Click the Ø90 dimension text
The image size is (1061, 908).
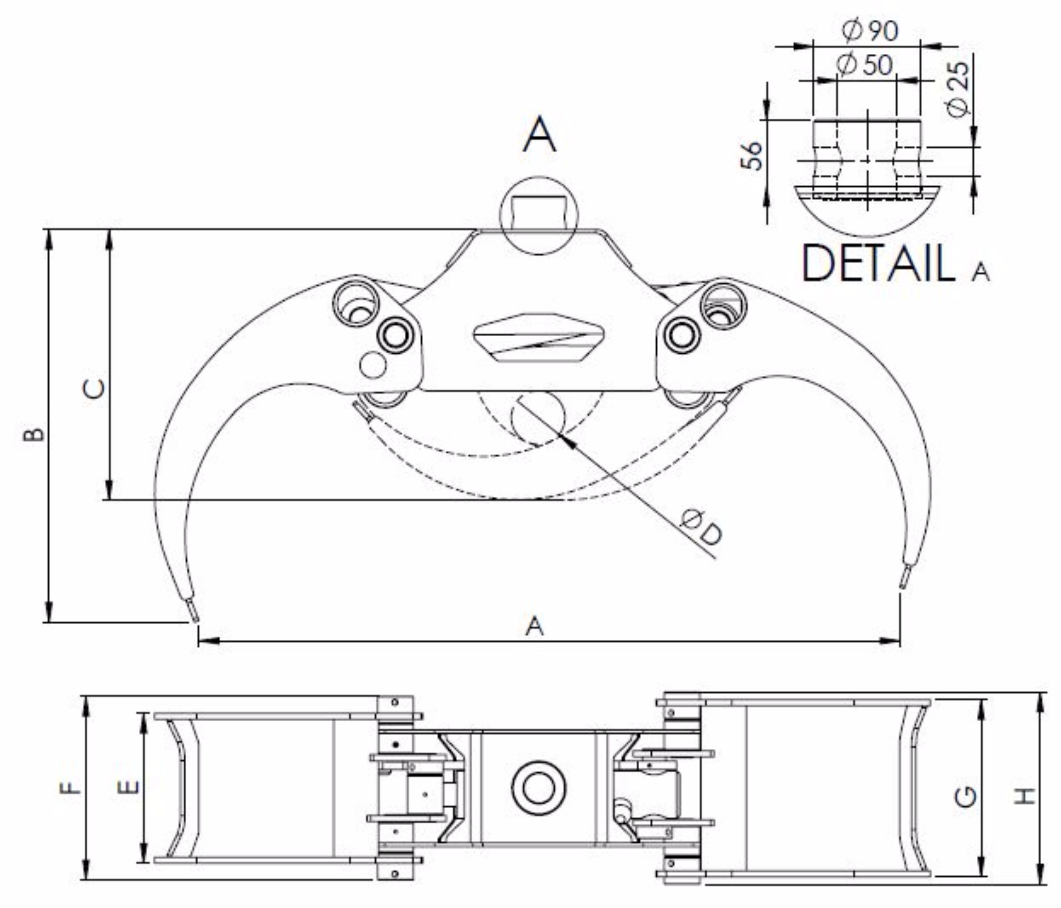point(870,31)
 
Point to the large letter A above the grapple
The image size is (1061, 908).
point(539,134)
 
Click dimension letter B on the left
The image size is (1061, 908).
point(34,434)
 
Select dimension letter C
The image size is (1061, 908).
point(94,389)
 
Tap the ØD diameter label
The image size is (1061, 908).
point(702,527)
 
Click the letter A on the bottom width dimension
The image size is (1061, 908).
point(534,626)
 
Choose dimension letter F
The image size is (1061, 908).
point(70,786)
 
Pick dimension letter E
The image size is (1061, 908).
point(129,786)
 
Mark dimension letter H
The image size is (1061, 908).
point(1025,796)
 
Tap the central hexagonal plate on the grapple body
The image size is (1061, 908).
point(539,338)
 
